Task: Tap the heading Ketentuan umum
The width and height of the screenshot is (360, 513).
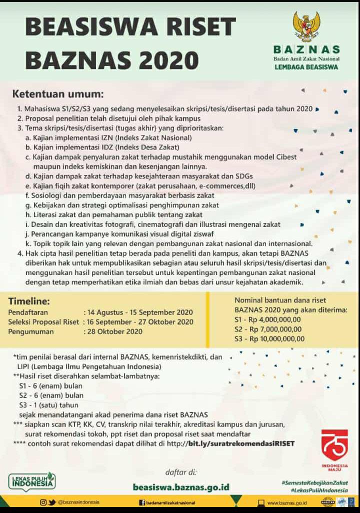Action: [57, 94]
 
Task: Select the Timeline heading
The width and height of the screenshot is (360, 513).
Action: [28, 301]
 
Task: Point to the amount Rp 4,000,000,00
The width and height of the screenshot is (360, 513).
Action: [275, 319]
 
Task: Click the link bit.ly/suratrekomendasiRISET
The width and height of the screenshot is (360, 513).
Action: [241, 443]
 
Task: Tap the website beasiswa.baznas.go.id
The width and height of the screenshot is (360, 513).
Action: [181, 486]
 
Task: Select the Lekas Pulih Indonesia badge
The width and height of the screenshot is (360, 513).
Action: [32, 482]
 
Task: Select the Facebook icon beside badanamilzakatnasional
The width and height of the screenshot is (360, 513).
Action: [141, 502]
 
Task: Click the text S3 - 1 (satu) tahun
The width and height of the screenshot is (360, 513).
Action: [48, 404]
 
